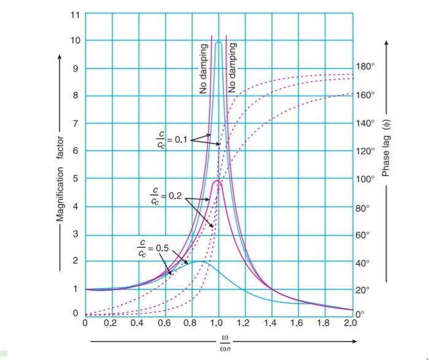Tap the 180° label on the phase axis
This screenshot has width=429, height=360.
pyautogui.click(x=364, y=67)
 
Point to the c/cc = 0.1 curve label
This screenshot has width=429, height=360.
pyautogui.click(x=171, y=140)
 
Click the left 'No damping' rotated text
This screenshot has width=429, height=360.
pyautogui.click(x=203, y=71)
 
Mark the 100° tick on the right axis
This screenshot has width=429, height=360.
pyautogui.click(x=366, y=179)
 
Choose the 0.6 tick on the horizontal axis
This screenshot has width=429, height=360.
pyautogui.click(x=165, y=324)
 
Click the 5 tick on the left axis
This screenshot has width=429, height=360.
pyautogui.click(x=75, y=179)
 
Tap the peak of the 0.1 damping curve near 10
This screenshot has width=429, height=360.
pyautogui.click(x=218, y=42)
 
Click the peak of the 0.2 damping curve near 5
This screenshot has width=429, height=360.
pyautogui.click(x=217, y=181)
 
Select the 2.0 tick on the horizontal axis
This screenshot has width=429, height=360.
pyautogui.click(x=351, y=324)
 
